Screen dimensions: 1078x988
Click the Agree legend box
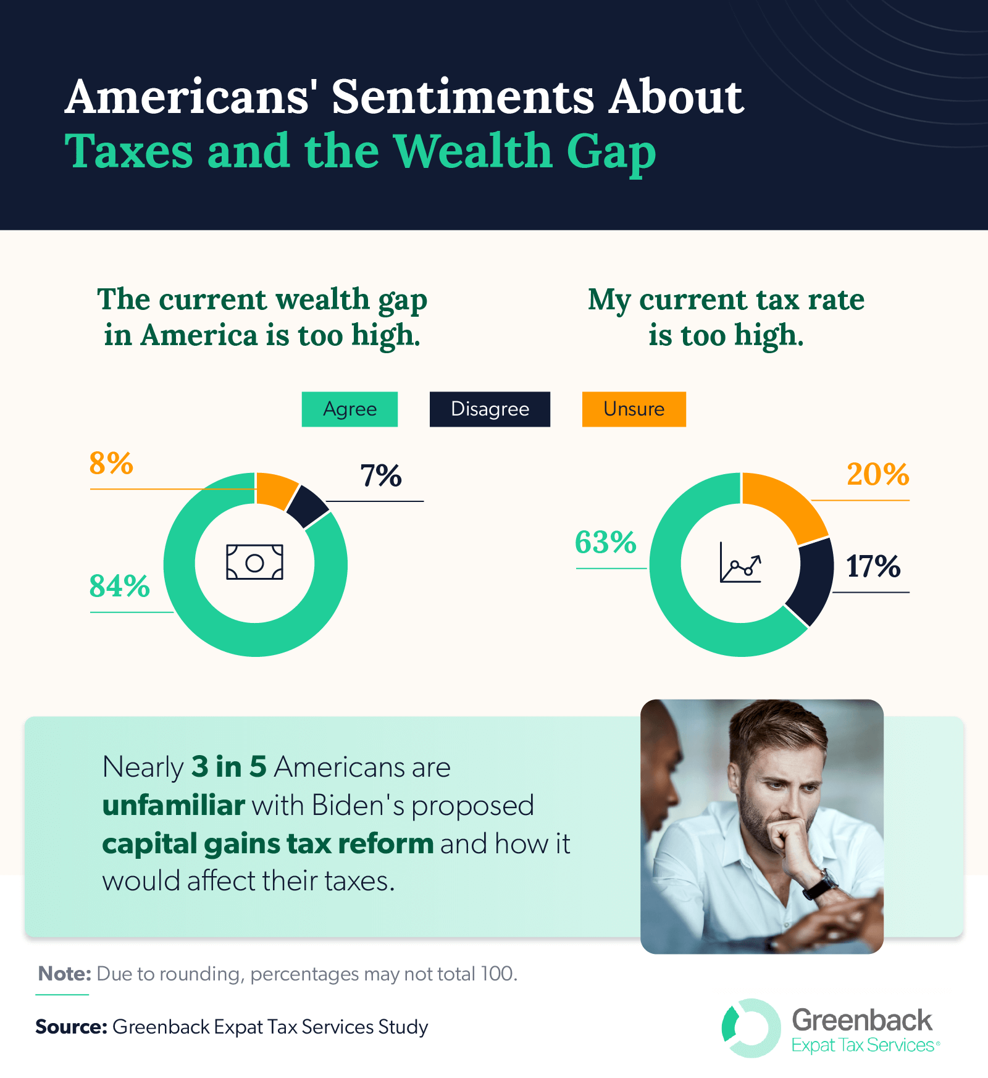coord(350,409)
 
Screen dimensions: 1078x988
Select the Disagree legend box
coord(490,409)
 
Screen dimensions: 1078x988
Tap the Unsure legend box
coord(634,409)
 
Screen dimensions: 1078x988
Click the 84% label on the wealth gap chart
coord(120,586)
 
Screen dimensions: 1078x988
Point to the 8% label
coord(111,463)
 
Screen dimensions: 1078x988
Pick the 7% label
coord(381,476)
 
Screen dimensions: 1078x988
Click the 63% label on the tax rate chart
coord(605,543)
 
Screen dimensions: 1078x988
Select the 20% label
coord(877,475)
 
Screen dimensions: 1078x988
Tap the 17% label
coord(873,566)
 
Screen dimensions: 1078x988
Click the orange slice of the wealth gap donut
coord(275,490)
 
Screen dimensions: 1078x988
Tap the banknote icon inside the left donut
coord(254,562)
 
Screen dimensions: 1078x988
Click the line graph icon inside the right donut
coord(740,562)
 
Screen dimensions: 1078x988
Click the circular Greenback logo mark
coord(750,1028)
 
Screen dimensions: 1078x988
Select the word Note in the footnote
coord(64,974)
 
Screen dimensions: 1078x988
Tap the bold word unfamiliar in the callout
coord(174,806)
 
